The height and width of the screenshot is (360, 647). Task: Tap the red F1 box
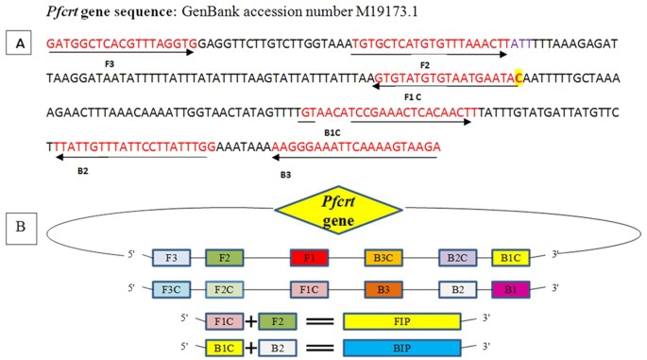pos(308,257)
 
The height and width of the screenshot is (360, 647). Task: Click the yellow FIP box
pos(401,321)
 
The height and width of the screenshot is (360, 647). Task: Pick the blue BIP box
pos(401,348)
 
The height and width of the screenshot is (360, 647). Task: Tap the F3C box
pos(171,287)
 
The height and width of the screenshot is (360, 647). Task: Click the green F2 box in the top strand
pos(224,257)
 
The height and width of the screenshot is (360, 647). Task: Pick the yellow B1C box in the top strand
pos(511,257)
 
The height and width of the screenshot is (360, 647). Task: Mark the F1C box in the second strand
pos(308,287)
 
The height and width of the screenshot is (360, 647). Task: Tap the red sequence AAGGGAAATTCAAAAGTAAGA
pos(356,147)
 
